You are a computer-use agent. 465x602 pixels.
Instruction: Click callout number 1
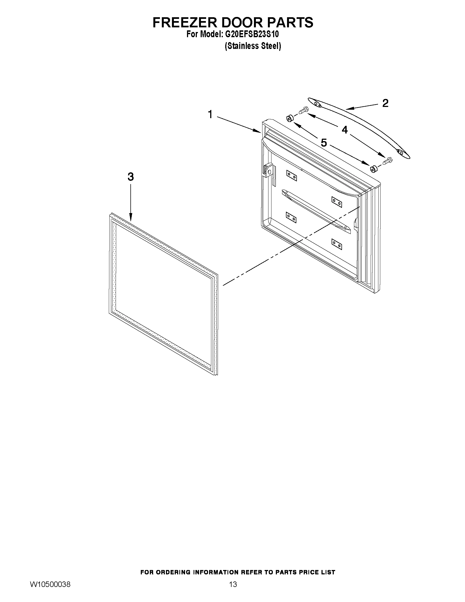click(210, 114)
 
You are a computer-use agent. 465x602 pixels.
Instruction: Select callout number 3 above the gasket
click(131, 177)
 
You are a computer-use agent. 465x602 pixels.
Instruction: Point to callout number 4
click(344, 130)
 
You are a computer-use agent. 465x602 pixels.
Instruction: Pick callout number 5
click(324, 143)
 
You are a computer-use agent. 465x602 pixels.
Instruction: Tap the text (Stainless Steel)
click(253, 46)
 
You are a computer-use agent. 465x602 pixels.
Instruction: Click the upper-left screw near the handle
click(303, 110)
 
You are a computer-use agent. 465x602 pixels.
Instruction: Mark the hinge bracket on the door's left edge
click(269, 172)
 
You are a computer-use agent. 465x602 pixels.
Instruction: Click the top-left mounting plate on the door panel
click(291, 176)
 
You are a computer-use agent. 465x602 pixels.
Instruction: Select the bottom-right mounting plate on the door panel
click(337, 244)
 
